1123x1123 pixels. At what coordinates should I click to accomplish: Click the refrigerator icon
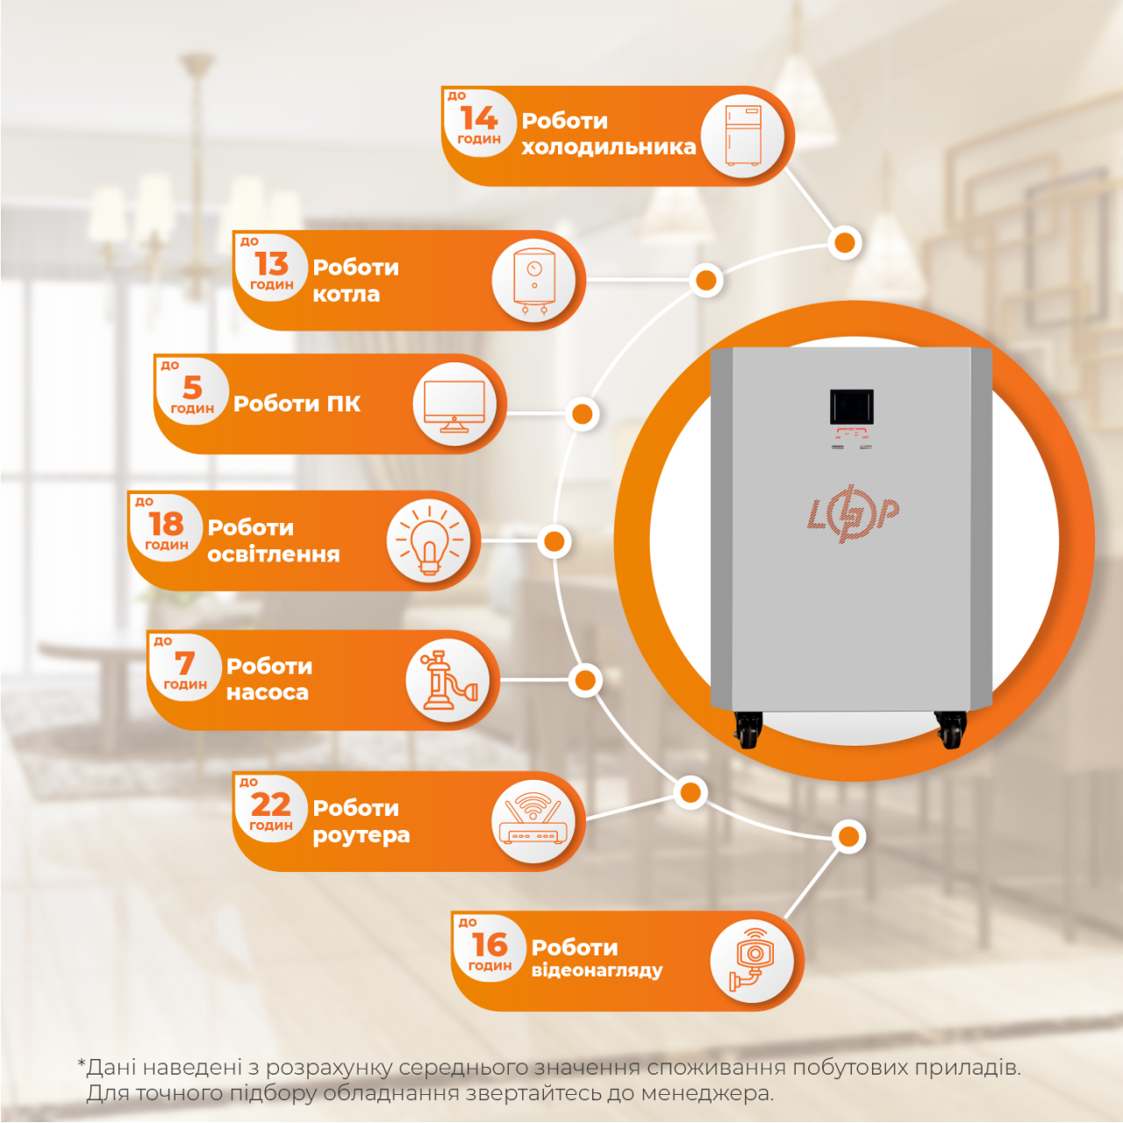click(743, 135)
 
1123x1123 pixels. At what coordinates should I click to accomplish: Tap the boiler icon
click(534, 282)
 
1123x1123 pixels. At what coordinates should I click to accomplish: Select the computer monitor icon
click(454, 405)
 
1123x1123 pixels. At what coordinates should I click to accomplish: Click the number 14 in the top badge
click(479, 118)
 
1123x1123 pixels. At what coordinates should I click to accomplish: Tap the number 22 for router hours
click(271, 805)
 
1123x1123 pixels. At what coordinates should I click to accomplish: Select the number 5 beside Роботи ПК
click(192, 388)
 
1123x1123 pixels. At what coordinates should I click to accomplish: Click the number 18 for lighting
click(166, 524)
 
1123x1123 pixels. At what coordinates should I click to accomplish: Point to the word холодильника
click(608, 147)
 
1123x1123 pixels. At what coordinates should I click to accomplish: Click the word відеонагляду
click(597, 970)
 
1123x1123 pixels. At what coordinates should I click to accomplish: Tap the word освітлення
click(274, 554)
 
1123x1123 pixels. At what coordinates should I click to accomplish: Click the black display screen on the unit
click(851, 407)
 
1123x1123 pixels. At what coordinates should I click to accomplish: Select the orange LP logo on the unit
click(853, 514)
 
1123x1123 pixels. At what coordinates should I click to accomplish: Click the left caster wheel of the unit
click(747, 729)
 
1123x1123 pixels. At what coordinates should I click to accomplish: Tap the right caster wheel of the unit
click(950, 729)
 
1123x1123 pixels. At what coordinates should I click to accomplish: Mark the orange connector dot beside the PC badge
click(582, 414)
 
